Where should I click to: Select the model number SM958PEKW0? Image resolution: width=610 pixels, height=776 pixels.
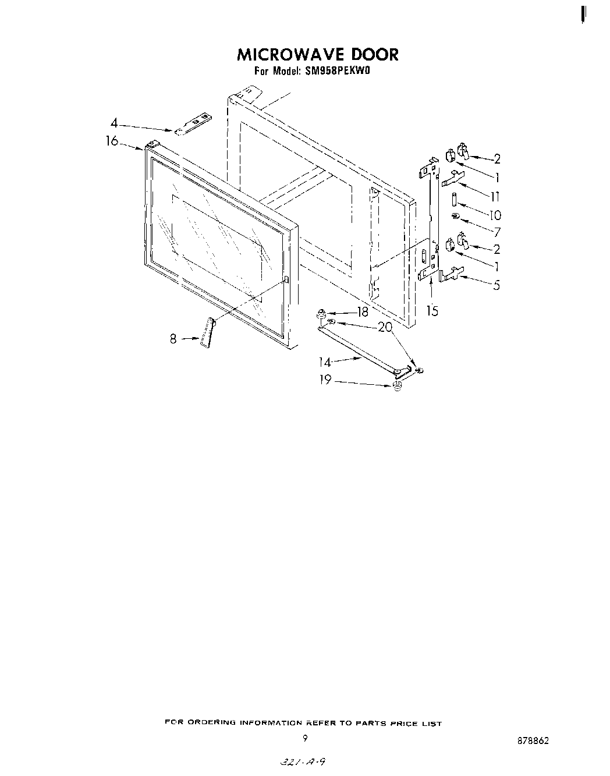337,72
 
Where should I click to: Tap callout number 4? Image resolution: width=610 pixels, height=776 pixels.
114,123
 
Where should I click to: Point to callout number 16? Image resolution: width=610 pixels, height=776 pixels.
112,141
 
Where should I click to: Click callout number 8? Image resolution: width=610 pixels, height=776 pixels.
173,339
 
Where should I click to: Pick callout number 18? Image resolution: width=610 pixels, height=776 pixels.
363,312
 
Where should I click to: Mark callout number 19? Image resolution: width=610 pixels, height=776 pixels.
325,380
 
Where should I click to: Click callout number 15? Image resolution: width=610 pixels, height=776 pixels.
432,311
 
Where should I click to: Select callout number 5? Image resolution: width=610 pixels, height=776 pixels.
496,286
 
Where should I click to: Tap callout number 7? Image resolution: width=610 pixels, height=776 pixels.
496,232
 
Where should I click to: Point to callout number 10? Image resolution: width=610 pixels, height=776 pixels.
495,215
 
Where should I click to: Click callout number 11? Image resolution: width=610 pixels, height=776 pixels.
495,197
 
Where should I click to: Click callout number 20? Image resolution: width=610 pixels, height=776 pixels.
385,327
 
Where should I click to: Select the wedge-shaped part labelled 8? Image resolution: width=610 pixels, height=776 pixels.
207,334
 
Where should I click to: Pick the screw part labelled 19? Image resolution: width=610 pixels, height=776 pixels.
398,387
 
